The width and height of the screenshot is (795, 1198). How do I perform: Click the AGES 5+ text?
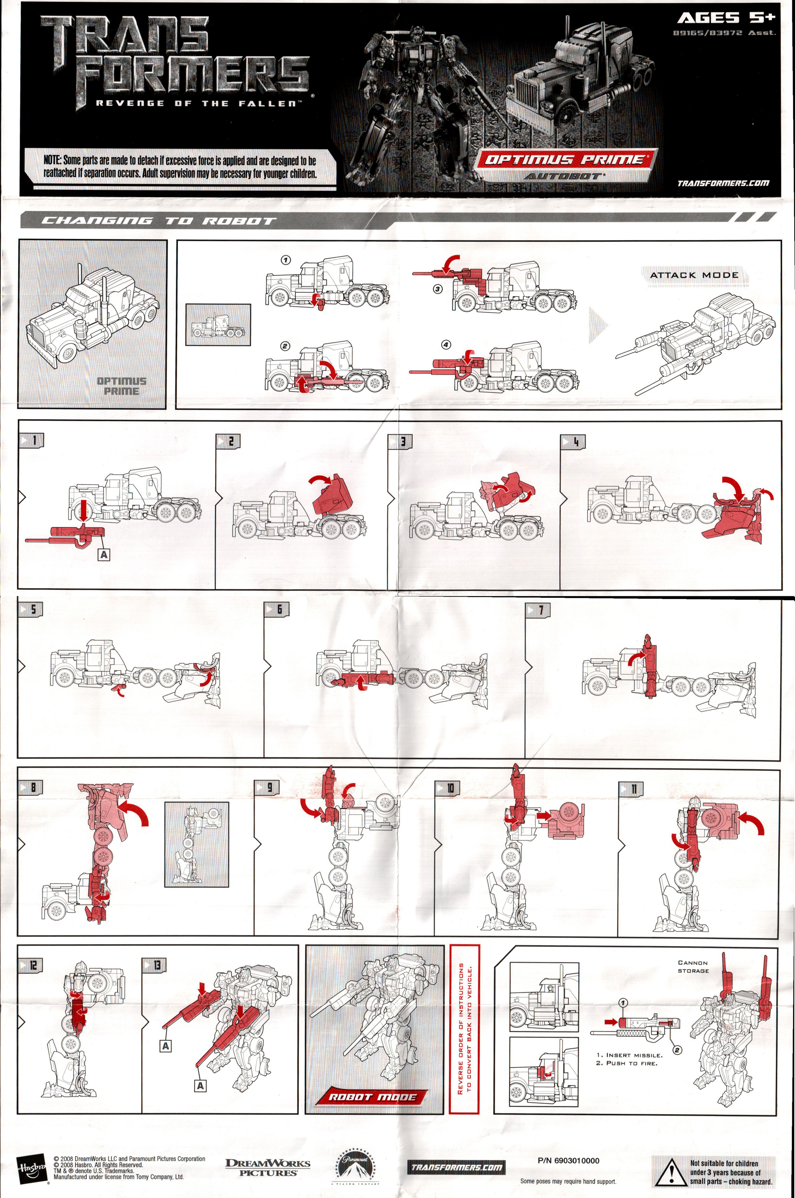click(x=726, y=18)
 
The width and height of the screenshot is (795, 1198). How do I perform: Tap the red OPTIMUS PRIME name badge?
click(x=565, y=160)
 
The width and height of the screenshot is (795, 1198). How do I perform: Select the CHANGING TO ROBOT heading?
click(x=158, y=220)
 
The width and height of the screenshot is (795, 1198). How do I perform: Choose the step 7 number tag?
click(x=538, y=610)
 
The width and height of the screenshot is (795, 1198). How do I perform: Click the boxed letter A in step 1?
click(x=104, y=555)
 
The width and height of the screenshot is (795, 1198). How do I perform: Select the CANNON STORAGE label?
click(x=693, y=966)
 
